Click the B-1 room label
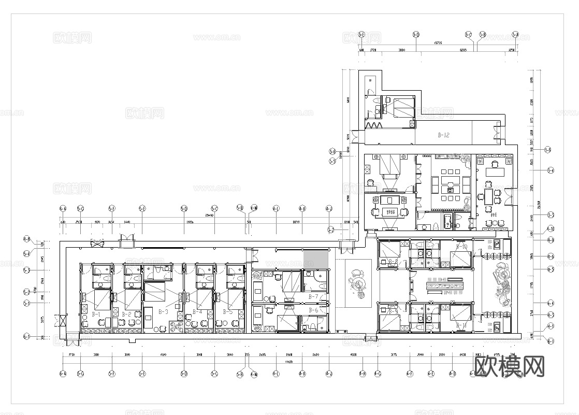click(96, 313)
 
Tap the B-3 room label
click(163, 312)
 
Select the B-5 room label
click(228, 312)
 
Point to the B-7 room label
click(313, 297)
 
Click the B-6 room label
click(313, 310)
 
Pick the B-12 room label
click(443, 135)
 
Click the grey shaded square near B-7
click(316, 259)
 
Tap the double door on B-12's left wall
click(355, 137)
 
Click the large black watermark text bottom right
click(510, 367)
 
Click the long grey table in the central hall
click(443, 285)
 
